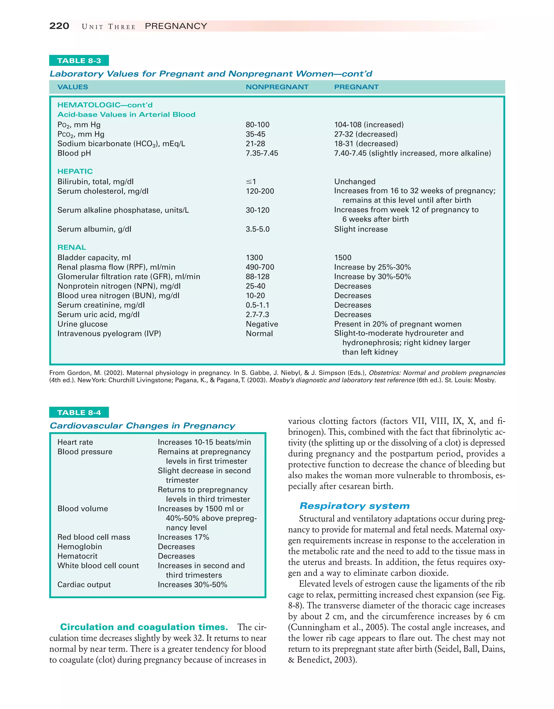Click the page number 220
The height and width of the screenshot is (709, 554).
pyautogui.click(x=59, y=26)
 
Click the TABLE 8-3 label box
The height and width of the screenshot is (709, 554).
pyautogui.click(x=79, y=61)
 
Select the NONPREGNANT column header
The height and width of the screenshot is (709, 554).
pyautogui.click(x=277, y=87)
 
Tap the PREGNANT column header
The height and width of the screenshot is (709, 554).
pyautogui.click(x=356, y=87)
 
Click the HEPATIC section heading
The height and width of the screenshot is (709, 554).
pyautogui.click(x=75, y=171)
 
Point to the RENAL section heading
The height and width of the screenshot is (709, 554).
pyautogui.click(x=72, y=247)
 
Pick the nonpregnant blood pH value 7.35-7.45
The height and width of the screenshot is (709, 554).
pyautogui.click(x=262, y=153)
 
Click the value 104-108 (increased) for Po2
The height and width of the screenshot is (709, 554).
pyautogui.click(x=369, y=125)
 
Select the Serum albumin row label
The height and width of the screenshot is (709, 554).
pyautogui.click(x=94, y=229)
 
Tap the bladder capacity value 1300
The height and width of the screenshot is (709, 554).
pyautogui.click(x=254, y=258)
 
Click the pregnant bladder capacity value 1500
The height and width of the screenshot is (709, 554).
pyautogui.click(x=342, y=258)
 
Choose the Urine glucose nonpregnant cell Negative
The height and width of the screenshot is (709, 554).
pyautogui.click(x=262, y=324)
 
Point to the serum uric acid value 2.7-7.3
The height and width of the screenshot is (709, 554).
pyautogui.click(x=257, y=314)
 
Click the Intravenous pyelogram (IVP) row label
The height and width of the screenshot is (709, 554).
pyautogui.click(x=109, y=334)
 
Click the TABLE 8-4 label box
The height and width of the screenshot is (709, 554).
pyautogui.click(x=79, y=413)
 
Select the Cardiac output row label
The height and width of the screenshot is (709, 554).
pyautogui.click(x=84, y=585)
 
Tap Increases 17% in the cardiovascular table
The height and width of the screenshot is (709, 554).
pyautogui.click(x=183, y=537)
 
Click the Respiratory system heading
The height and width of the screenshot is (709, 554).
pyautogui.click(x=354, y=506)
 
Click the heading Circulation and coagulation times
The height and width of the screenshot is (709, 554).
pyautogui.click(x=144, y=627)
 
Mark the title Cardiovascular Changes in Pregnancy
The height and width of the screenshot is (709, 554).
pyautogui.click(x=142, y=426)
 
